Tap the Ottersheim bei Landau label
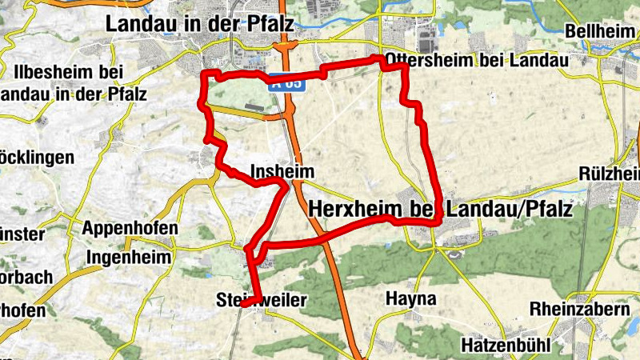476,60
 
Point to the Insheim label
278,171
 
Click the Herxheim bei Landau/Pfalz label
440,210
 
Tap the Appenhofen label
130,228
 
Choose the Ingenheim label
129,258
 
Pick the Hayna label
410,299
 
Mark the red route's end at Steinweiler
243,304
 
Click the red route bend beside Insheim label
283,186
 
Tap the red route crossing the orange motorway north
286,77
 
